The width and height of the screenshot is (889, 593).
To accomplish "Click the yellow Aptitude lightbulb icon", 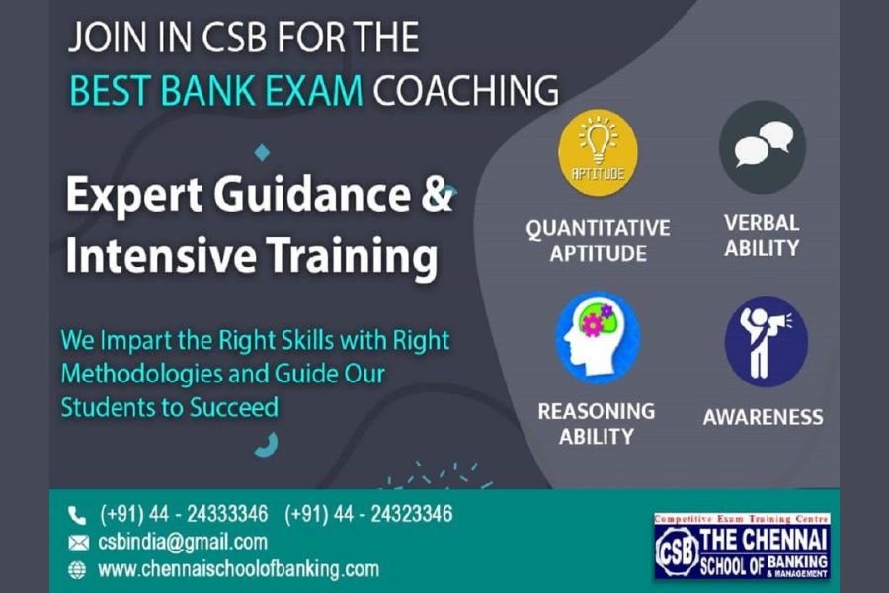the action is pos(598,153).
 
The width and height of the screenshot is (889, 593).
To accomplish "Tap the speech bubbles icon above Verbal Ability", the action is pos(762,147).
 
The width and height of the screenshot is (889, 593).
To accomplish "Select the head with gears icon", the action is pos(598,338).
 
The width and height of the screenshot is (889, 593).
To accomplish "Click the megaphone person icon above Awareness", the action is pos(766,342).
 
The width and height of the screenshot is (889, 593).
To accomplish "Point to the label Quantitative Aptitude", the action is pos(598,240).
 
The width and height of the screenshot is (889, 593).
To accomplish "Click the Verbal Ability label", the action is pos(762,235).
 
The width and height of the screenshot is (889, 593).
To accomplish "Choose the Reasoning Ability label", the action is pos(596,424).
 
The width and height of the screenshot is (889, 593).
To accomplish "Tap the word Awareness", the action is pos(764,417).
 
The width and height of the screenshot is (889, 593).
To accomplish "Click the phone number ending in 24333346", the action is pos(184,514).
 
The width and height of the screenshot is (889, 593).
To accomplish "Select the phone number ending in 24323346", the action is pos(368,514).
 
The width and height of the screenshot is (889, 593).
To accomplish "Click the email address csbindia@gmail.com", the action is pos(183,542).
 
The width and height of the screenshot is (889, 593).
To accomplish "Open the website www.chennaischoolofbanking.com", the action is pos(239,569).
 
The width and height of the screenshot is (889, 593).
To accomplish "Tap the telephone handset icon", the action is pos(77,516).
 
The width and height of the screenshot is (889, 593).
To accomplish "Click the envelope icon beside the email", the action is pos(78,543).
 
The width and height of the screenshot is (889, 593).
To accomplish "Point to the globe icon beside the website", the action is pos(77,569).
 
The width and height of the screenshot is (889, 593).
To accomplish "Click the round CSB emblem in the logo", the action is pos(677,551).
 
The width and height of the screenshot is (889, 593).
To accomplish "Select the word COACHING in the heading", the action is pos(465,90).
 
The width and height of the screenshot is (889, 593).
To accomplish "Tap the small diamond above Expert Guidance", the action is pos(262,152).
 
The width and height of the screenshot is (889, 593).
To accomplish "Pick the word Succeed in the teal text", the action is pos(233,407).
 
